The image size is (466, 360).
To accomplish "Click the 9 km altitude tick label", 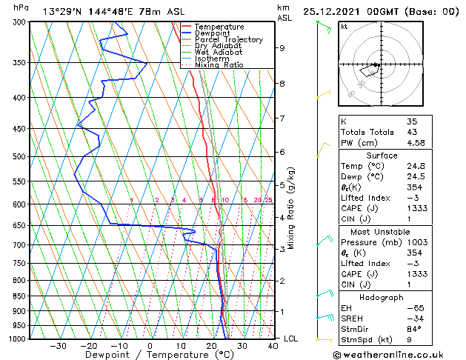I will pyautogui.click(x=282, y=48).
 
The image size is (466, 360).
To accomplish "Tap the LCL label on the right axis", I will pyautogui.click(x=292, y=339).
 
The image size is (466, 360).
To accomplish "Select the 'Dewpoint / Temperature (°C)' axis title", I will pyautogui.click(x=150, y=354).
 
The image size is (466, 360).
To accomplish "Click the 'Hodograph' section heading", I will pyautogui.click(x=382, y=297).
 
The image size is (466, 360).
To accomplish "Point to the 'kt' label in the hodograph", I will pyautogui.click(x=344, y=26).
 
